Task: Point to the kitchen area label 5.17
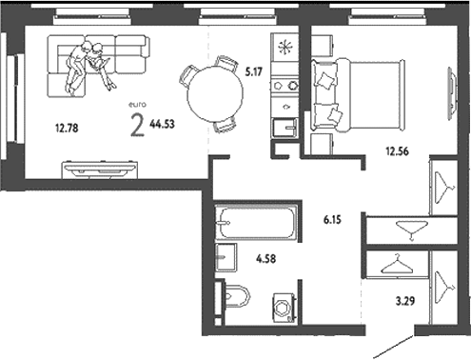pos(253,70)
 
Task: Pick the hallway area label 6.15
pos(333,219)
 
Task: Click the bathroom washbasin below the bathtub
pos(226,258)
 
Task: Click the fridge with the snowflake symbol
pos(284,48)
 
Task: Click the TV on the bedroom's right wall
pos(448,88)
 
